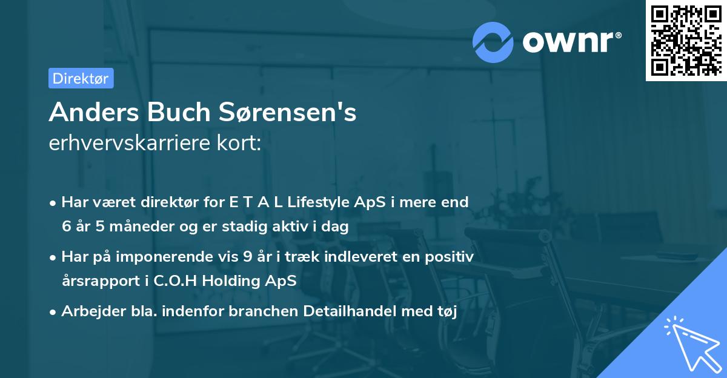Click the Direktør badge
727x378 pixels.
click(81, 78)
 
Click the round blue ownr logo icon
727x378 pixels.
click(493, 42)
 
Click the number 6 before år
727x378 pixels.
click(66, 227)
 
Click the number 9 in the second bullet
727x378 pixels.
click(247, 257)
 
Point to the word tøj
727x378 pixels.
click(443, 312)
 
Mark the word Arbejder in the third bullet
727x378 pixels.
click(88, 312)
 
